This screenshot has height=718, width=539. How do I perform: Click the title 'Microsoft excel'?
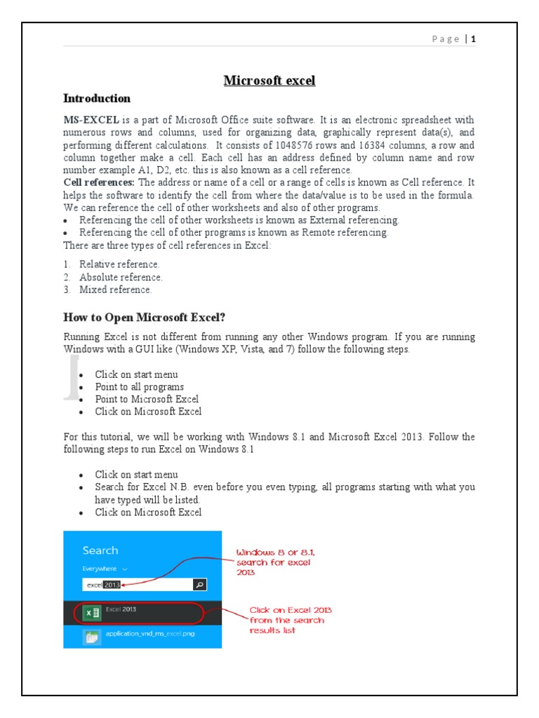coord(269,81)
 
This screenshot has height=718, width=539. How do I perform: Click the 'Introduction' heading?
coord(97,99)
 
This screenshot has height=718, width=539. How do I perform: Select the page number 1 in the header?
coord(474,39)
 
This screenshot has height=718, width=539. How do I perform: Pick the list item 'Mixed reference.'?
coord(115,290)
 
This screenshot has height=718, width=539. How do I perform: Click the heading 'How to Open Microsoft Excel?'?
coord(145,316)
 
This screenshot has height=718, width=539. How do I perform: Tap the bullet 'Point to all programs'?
coord(140,387)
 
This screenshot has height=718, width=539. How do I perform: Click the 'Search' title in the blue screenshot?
coord(100,550)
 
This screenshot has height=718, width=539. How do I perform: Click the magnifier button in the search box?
coord(199,585)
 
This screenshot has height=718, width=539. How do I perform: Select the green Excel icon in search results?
coord(91,613)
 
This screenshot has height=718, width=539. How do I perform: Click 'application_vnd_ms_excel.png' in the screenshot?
coord(147,635)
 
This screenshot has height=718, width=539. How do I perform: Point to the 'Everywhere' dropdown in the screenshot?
coord(105,569)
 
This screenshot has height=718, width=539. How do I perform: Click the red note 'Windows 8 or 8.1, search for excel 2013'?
coord(274,562)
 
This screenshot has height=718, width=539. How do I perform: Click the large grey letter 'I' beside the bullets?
coord(70,378)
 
